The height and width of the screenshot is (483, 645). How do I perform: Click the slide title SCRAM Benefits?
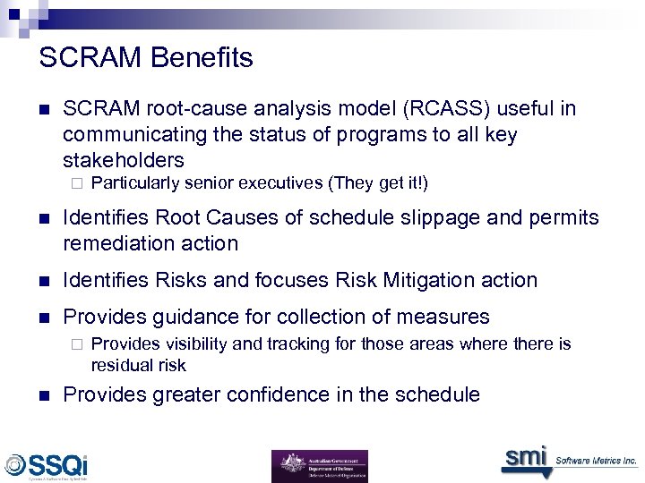146,58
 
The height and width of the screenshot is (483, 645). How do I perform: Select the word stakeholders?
124,160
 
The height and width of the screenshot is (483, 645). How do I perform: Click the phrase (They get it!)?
378,183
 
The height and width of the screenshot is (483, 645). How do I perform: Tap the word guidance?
187,317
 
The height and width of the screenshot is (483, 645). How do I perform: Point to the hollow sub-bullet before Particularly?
76,184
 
